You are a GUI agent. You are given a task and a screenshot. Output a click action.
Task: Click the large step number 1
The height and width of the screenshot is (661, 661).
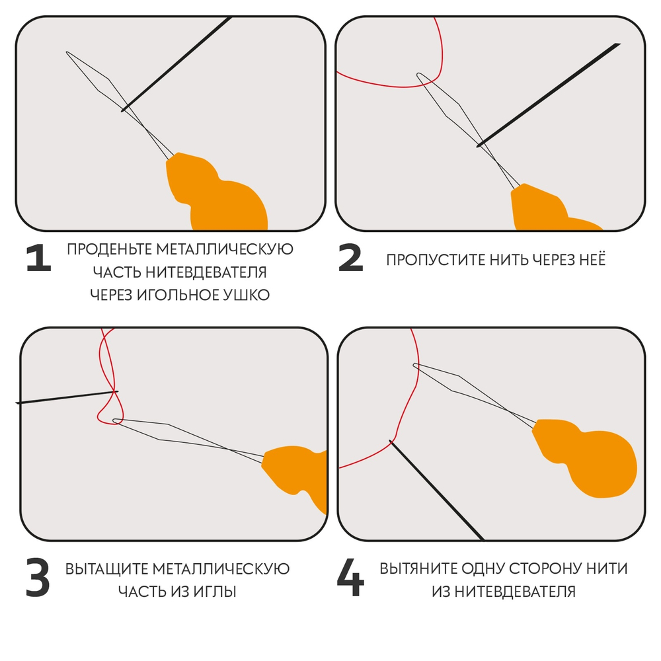[38, 259]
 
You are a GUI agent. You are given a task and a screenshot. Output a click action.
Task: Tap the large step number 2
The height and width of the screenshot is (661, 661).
[350, 259]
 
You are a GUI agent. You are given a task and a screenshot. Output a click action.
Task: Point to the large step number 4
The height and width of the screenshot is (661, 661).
[350, 578]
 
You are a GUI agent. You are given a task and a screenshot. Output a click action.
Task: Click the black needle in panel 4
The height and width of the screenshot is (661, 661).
[436, 489]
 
